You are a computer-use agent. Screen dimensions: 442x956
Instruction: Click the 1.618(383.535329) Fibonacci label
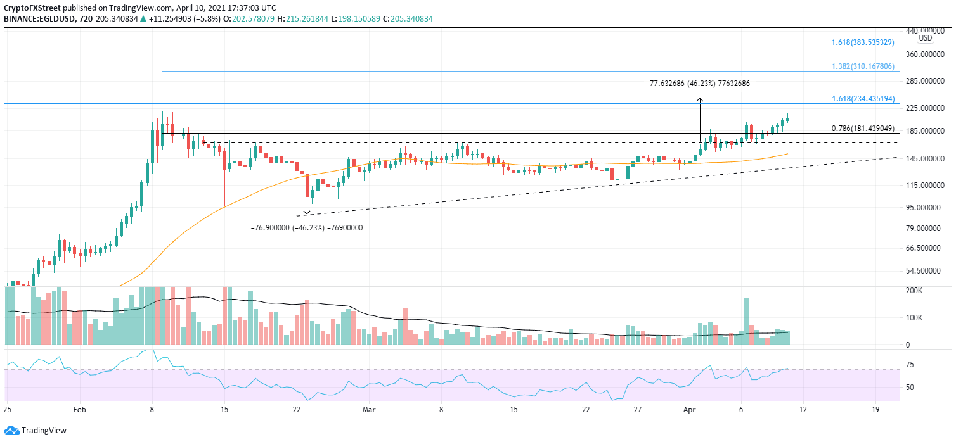[x=862, y=42]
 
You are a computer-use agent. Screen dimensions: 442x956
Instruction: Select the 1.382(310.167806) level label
[x=862, y=66]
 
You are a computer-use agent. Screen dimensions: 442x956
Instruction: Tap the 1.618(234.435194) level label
[x=862, y=99]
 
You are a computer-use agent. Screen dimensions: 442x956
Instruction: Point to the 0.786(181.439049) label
[x=862, y=129]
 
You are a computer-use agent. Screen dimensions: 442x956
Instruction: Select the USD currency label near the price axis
[x=926, y=38]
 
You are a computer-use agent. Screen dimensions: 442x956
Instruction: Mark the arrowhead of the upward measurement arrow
[x=700, y=99]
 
